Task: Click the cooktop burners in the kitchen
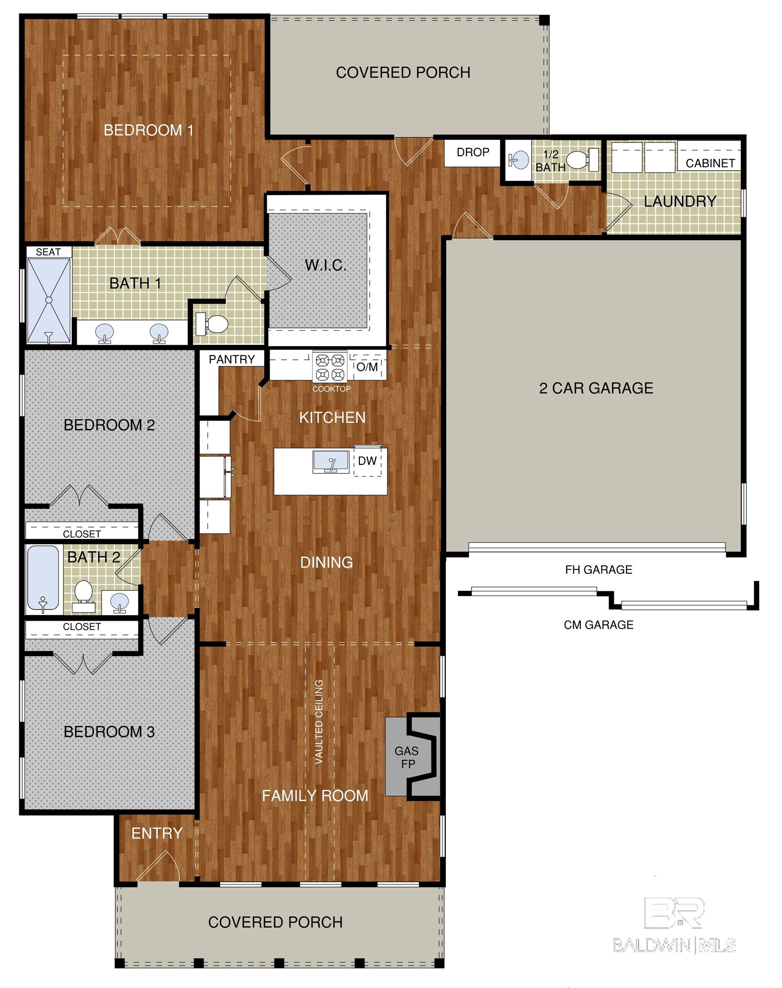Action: click(x=330, y=367)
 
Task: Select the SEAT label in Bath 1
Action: click(x=48, y=252)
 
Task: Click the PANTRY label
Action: click(x=232, y=359)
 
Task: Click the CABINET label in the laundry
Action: click(x=710, y=163)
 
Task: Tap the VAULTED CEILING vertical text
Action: click(x=319, y=722)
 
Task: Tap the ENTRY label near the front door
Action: click(x=157, y=833)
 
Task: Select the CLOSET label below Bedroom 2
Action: click(x=82, y=534)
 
